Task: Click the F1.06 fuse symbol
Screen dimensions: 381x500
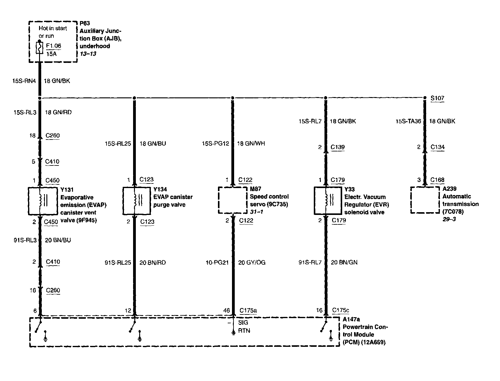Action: click(40, 48)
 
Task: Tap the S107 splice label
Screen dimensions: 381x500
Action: click(437, 98)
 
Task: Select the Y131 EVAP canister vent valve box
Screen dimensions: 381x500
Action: click(42, 201)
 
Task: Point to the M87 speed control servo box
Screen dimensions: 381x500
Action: click(232, 200)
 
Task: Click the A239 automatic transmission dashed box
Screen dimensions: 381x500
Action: click(425, 200)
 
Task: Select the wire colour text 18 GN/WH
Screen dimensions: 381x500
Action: click(251, 143)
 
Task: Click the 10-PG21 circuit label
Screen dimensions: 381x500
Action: click(217, 263)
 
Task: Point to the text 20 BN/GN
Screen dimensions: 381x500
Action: click(344, 262)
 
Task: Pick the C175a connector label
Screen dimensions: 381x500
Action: click(248, 310)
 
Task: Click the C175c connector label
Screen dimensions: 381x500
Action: click(340, 310)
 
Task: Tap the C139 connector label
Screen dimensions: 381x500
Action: click(338, 147)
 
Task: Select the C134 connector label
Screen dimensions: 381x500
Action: click(437, 147)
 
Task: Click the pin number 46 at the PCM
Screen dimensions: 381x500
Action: click(226, 310)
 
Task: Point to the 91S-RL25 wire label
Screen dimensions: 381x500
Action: click(118, 263)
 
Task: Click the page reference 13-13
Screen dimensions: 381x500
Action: click(88, 54)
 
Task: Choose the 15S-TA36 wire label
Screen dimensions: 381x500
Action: click(408, 121)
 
